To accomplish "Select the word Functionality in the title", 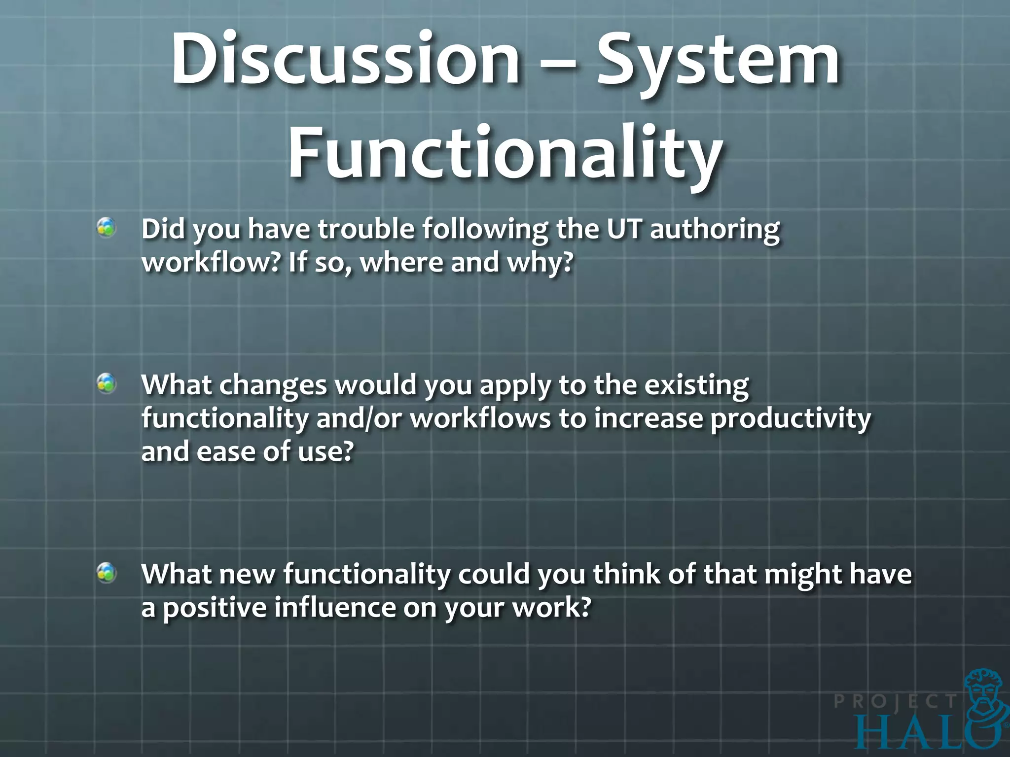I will point(505,153).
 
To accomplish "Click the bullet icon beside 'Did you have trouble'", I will point(106,228).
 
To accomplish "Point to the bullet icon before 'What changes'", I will point(106,383).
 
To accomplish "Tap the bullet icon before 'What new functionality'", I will point(106,573).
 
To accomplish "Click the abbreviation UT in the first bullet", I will point(624,230).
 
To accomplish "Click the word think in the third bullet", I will point(626,574).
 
